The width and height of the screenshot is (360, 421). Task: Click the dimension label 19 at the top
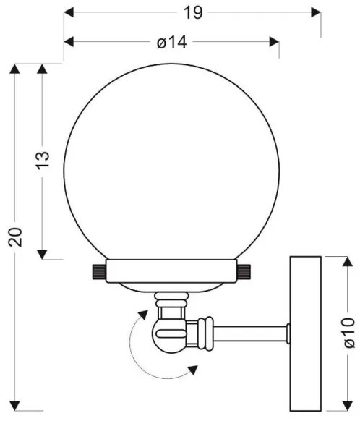192,12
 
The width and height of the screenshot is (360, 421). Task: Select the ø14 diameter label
172,43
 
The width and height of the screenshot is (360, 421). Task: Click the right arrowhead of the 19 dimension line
316,12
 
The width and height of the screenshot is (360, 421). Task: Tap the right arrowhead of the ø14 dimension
274,42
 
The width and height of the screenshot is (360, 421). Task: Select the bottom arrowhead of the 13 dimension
42,254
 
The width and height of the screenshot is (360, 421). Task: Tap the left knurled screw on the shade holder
98,272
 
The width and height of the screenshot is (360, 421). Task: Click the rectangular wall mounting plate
304,333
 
